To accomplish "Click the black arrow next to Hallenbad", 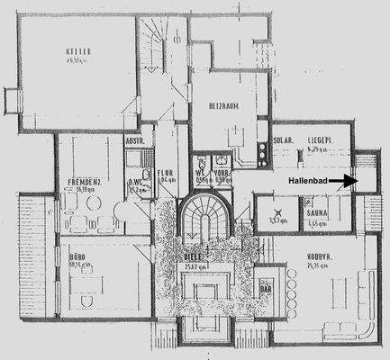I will pyautogui.click(x=342, y=182).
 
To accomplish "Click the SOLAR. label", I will pyautogui.click(x=282, y=141).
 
